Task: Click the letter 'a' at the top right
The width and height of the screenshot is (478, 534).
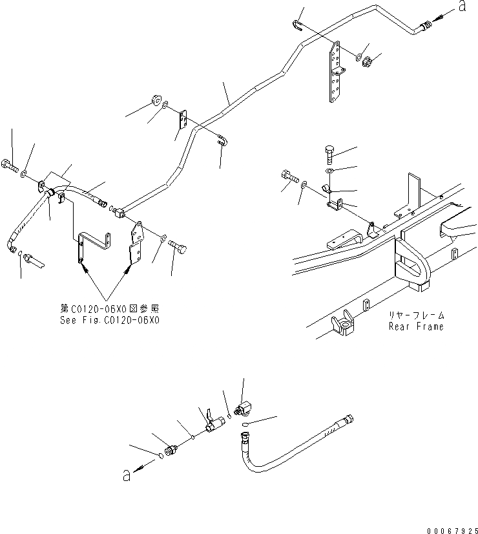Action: pyautogui.click(x=462, y=6)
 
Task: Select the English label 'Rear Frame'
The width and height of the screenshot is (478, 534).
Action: pyautogui.click(x=416, y=326)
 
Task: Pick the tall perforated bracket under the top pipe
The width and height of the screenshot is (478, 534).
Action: pyautogui.click(x=335, y=72)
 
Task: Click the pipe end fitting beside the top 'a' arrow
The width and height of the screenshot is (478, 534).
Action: pyautogui.click(x=423, y=27)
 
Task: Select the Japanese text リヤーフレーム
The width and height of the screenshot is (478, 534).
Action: pyautogui.click(x=416, y=315)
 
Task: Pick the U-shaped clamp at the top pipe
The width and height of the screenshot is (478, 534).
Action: pyautogui.click(x=297, y=25)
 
